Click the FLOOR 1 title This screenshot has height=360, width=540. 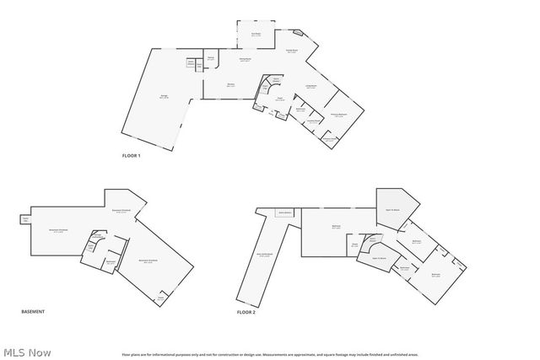click(x=131, y=156)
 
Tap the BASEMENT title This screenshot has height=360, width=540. click(x=32, y=312)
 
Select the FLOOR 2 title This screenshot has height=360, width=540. click(x=246, y=312)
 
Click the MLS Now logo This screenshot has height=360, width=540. click(x=27, y=352)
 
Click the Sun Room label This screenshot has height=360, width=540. click(x=256, y=34)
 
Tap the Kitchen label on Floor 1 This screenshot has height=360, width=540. click(x=229, y=85)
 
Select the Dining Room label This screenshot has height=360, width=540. click(x=246, y=60)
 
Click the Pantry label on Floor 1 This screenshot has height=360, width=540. click(x=210, y=59)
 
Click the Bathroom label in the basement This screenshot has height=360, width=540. click(x=111, y=262)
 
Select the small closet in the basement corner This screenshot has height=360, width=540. click(x=160, y=297)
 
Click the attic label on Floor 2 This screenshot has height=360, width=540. click(x=264, y=255)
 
